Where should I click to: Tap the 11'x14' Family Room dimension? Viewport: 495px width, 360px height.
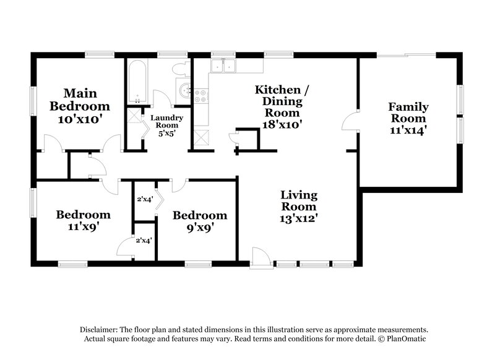tap(408, 130)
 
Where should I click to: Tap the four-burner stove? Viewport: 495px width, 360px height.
tap(202, 96)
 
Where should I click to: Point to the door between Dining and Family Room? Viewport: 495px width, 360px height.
tap(351, 121)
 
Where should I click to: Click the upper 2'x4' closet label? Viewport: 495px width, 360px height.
tap(144, 199)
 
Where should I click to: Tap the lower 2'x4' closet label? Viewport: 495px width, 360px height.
tap(144, 240)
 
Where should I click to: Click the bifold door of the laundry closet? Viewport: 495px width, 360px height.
tap(141, 122)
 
